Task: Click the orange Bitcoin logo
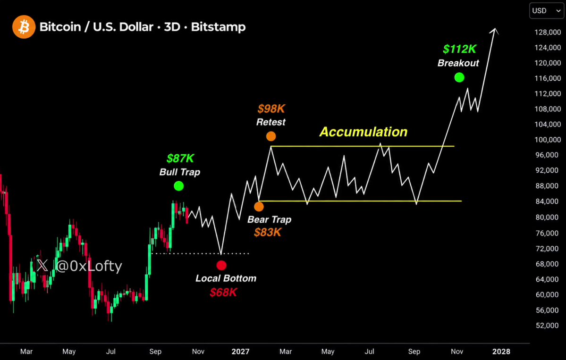[x=24, y=27]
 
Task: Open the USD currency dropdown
[x=547, y=11]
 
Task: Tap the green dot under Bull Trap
[x=179, y=186]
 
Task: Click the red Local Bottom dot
[x=221, y=266]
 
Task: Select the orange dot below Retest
[x=271, y=136]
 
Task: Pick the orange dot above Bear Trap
[x=259, y=207]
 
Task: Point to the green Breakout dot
[x=459, y=77]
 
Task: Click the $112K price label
[x=460, y=49]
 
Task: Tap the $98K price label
[x=271, y=109]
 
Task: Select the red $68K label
[x=223, y=292]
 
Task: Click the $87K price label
[x=180, y=159]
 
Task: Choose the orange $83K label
[x=268, y=232]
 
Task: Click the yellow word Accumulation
[x=363, y=132]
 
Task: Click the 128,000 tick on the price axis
[x=548, y=33]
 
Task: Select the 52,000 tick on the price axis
[x=548, y=326]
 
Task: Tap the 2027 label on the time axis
[x=240, y=352]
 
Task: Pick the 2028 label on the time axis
[x=501, y=352]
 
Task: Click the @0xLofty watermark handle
[x=89, y=266]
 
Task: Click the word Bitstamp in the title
[x=218, y=27]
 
